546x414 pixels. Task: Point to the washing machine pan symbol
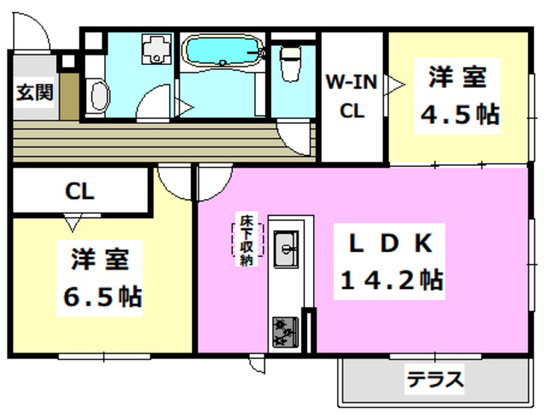155,49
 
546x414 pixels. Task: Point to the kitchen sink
286,248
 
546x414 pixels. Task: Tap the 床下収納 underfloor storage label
247,241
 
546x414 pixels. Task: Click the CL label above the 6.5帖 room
80,191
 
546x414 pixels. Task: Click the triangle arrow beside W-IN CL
394,83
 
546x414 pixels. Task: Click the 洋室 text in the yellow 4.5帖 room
456,77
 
